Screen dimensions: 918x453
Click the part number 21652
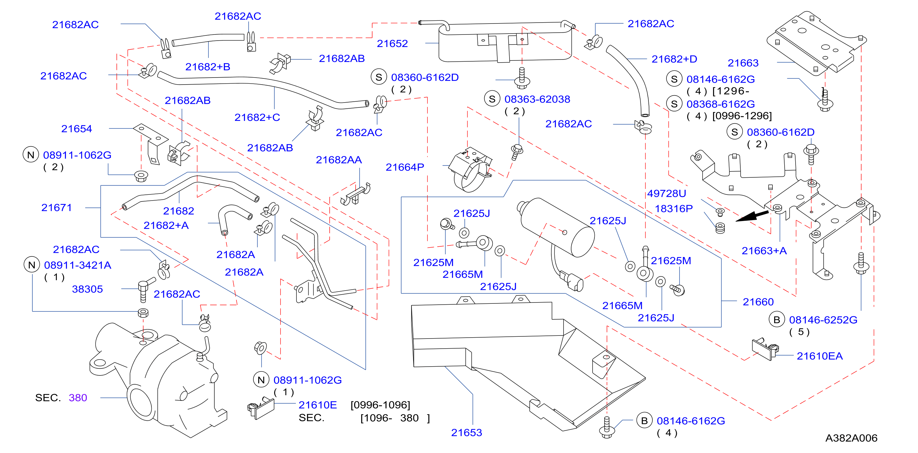392,43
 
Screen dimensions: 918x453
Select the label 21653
466,432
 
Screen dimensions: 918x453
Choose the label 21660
758,302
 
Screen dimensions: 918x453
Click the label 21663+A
764,251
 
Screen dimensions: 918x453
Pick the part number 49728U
666,193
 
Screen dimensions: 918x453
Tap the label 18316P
673,208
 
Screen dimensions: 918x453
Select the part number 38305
87,289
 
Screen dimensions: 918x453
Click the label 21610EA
820,356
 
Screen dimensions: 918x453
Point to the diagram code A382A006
851,438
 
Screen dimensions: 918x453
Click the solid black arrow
752,216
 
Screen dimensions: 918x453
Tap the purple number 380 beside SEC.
78,397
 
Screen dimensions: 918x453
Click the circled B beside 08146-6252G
777,320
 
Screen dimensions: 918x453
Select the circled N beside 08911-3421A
32,265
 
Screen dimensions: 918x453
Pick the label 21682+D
674,59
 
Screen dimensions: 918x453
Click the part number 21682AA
339,160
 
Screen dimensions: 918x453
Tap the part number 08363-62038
537,99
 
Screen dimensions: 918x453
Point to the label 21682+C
257,117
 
